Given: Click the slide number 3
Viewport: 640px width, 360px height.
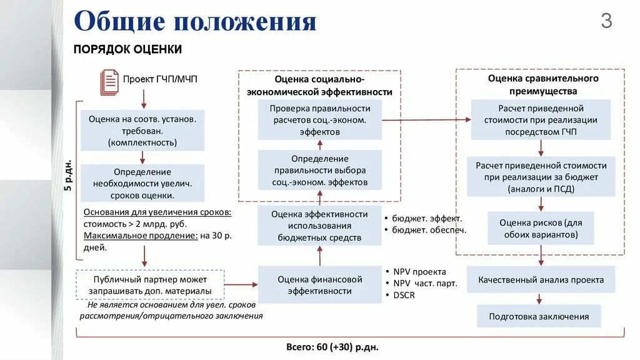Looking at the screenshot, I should point(606,22).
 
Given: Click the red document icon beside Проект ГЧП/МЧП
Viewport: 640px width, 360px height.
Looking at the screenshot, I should point(109,82).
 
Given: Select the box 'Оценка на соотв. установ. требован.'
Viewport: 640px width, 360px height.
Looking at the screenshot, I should point(142,130).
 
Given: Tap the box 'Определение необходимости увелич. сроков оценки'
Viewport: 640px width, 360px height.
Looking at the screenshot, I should point(142,182).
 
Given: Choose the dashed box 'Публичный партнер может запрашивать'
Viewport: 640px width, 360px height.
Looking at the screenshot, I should point(150,285).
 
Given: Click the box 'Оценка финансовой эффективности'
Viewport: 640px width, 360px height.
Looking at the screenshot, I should point(320,285).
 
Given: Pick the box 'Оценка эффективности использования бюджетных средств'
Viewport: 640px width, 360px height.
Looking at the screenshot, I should point(320,226).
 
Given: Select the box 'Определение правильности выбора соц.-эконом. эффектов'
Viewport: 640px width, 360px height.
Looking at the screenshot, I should point(320,171).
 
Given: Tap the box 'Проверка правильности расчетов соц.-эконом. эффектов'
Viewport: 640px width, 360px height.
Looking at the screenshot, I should point(320,120).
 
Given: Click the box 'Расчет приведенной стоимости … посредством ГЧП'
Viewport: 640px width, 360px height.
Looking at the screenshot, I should point(541,120).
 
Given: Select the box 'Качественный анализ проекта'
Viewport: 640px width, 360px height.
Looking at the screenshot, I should point(541,279).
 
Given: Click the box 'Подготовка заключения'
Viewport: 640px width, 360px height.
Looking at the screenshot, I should point(539,316).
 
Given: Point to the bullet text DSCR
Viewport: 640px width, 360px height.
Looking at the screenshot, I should point(404,295).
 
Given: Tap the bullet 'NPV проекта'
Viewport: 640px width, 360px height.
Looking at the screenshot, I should point(419,272).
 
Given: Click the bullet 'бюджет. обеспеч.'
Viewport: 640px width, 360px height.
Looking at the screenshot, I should point(429,230).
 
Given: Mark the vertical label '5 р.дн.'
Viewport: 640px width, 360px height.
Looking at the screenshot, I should point(67,177).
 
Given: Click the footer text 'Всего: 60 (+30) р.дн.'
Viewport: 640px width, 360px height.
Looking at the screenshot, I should point(332,346).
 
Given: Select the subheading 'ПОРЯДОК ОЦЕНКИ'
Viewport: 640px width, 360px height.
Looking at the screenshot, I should point(128,49).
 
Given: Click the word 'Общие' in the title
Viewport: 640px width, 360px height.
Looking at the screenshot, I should point(119,22).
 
